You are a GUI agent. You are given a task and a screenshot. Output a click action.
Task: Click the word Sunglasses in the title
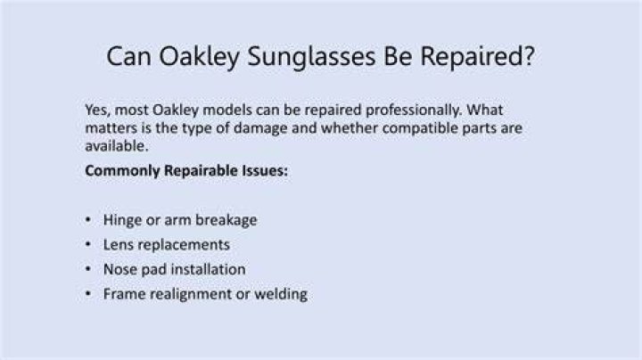click(311, 57)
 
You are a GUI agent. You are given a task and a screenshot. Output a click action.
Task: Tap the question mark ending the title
click(529, 55)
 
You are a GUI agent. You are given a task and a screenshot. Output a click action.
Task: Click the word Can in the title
click(128, 56)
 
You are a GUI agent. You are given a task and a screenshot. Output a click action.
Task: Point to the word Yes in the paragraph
click(97, 110)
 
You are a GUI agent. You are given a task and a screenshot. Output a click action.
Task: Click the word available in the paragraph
click(117, 146)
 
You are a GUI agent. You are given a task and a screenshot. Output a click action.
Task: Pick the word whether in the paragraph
click(350, 128)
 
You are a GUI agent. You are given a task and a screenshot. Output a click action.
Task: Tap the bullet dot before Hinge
click(88, 220)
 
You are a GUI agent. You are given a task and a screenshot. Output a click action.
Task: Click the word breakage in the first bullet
click(226, 220)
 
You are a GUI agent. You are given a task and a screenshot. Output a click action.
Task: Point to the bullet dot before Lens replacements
click(88, 244)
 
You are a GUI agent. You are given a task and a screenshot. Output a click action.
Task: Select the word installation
click(209, 269)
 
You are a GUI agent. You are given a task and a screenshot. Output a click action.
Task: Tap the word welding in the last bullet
click(281, 294)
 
